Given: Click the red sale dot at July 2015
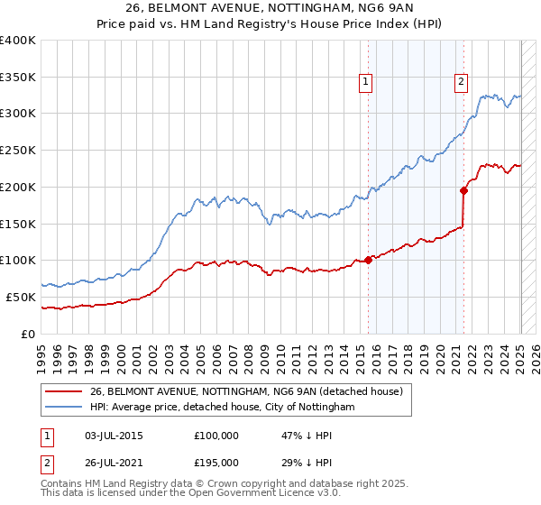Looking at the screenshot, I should [x=368, y=260].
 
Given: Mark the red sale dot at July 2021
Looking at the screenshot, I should [x=463, y=190].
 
